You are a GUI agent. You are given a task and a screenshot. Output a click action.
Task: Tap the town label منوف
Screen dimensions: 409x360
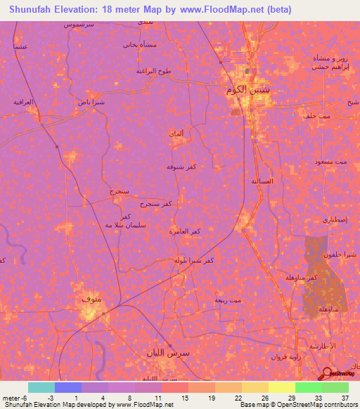tap(92, 300)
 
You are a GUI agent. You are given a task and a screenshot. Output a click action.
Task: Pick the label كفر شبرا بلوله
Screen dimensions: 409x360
tap(194, 260)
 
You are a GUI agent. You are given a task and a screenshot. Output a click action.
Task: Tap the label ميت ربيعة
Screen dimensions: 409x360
tap(228, 300)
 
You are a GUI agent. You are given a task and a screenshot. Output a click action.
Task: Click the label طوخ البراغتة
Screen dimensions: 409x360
tap(154, 72)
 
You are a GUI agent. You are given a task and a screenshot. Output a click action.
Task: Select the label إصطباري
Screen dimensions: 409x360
tap(335, 220)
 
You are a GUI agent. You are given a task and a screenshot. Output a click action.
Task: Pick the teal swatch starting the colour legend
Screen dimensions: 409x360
tap(41, 387)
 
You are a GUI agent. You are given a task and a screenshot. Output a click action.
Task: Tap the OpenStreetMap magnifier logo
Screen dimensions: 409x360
tap(327, 374)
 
